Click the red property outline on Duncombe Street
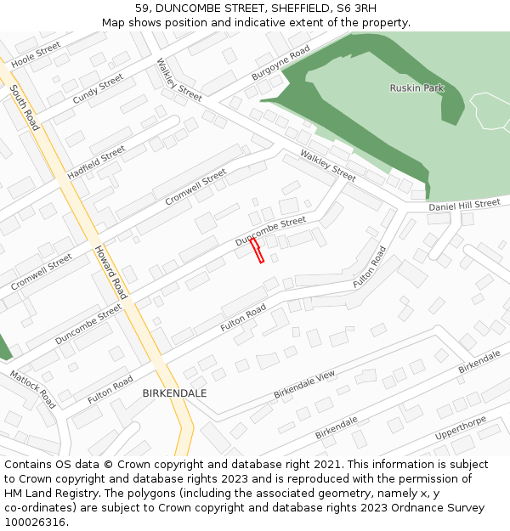[257, 250]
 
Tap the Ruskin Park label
[416, 88]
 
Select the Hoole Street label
[36, 54]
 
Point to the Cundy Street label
[98, 89]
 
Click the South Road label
[25, 107]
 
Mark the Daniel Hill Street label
[464, 205]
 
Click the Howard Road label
[110, 272]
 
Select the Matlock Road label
[33, 388]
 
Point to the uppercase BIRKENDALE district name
[174, 394]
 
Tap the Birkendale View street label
[304, 386]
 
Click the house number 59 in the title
[142, 8]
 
